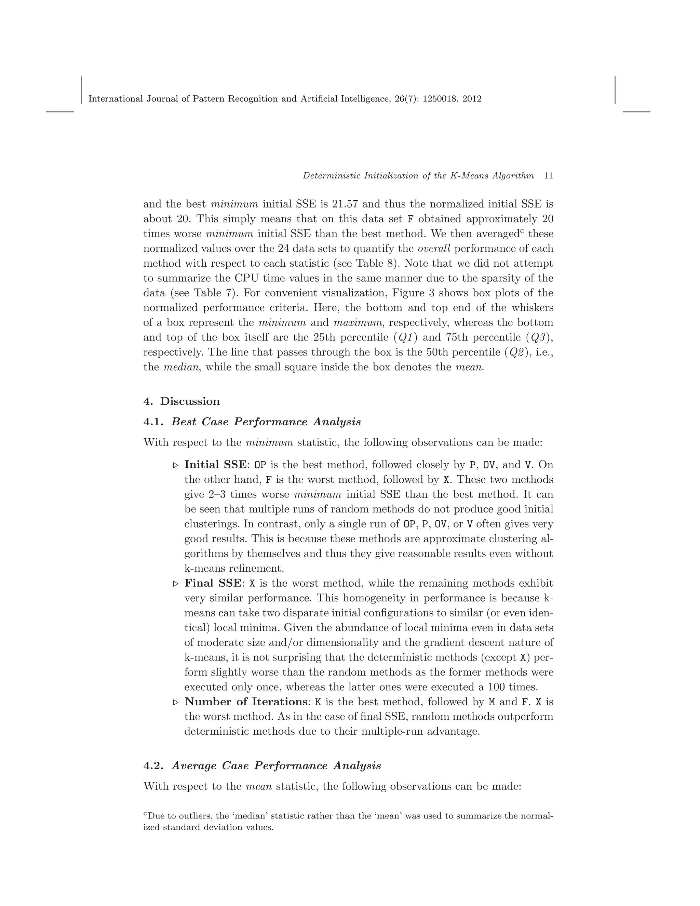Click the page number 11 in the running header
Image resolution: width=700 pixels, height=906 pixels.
click(x=548, y=175)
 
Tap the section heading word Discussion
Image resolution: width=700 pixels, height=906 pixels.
click(x=190, y=401)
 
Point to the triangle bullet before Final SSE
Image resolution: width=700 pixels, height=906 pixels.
click(x=175, y=584)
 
